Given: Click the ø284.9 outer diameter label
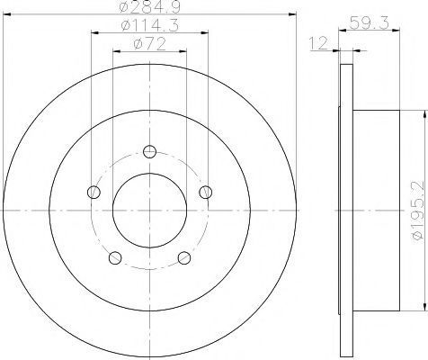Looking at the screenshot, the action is pyautogui.click(x=150, y=6).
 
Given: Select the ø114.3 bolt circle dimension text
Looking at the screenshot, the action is pyautogui.click(x=150, y=25).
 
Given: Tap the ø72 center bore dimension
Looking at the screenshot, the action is pyautogui.click(x=150, y=44).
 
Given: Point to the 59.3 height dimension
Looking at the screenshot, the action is pyautogui.click(x=370, y=22).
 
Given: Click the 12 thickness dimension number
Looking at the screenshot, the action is pyautogui.click(x=318, y=44).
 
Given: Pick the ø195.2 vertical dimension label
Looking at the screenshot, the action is pyautogui.click(x=419, y=211).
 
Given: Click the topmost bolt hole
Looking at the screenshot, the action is pyautogui.click(x=149, y=151).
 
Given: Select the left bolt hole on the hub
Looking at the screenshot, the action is pyautogui.click(x=94, y=192).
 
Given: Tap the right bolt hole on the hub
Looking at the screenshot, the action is pyautogui.click(x=206, y=192).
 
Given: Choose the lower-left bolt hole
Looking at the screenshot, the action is pyautogui.click(x=115, y=257).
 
